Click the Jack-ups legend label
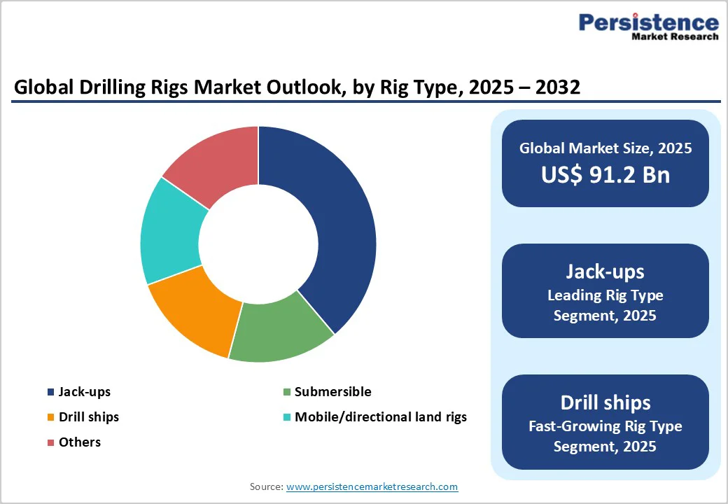(x=85, y=392)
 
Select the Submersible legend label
(x=332, y=392)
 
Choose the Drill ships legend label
(x=89, y=417)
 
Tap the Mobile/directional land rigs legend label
(x=380, y=417)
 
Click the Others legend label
(x=80, y=442)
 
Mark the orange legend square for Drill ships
(x=50, y=417)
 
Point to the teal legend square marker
(x=286, y=417)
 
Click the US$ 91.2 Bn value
(x=605, y=175)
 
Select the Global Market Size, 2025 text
(x=605, y=148)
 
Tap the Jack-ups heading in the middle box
(x=605, y=272)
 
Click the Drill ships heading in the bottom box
(x=605, y=402)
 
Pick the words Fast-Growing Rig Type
(x=605, y=426)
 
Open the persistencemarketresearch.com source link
(x=372, y=486)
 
